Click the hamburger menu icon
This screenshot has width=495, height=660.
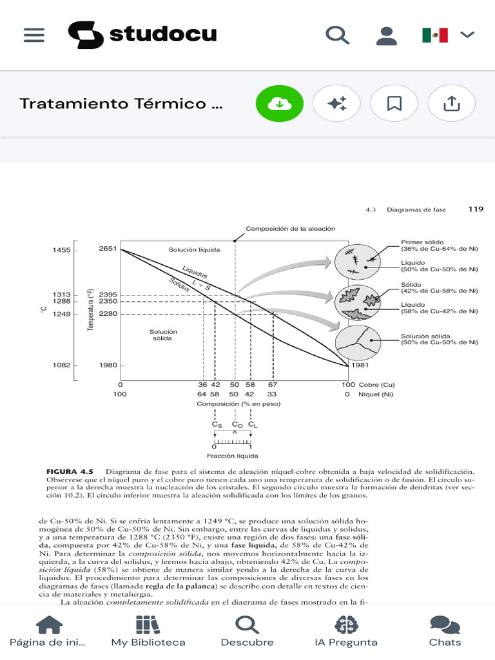[34, 35]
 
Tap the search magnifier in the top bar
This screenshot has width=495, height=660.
[336, 35]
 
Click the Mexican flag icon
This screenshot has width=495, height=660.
[435, 35]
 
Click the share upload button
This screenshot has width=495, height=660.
[451, 103]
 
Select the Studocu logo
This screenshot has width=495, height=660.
[142, 34]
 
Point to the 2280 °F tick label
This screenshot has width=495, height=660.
[108, 314]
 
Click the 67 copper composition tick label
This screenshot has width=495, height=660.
[273, 385]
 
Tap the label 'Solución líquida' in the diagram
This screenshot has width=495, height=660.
[194, 249]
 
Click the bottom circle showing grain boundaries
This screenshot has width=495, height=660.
[356, 344]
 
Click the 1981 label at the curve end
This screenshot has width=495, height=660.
[358, 365]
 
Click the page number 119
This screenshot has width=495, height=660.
[476, 209]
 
